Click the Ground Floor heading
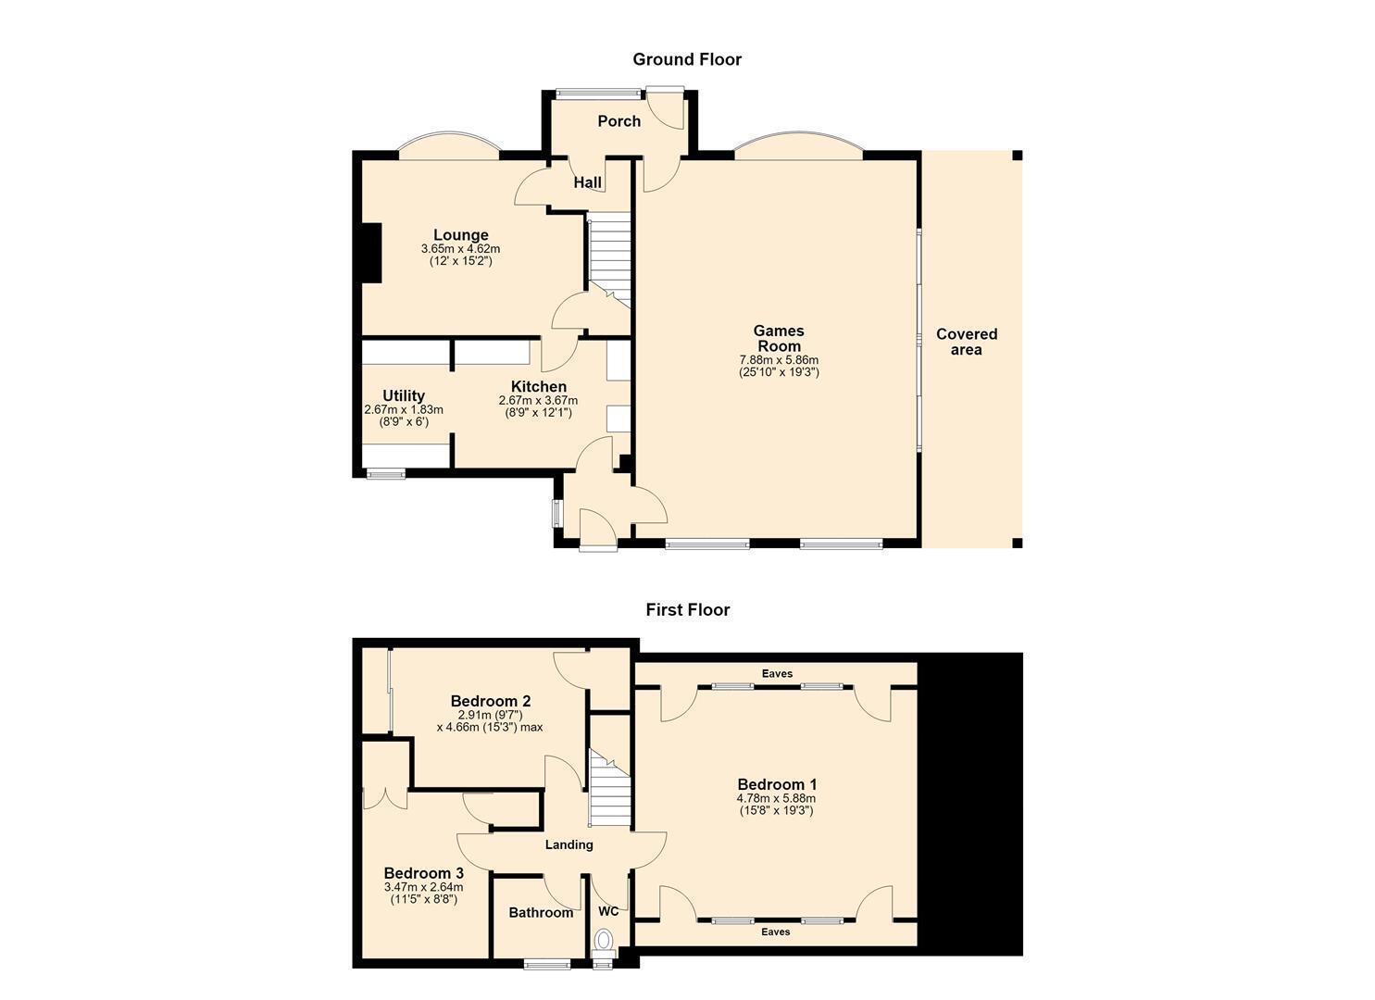[x=687, y=59]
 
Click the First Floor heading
[x=687, y=609]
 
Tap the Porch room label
[x=619, y=121]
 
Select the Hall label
[x=587, y=182]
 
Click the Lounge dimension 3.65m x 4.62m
[x=460, y=249]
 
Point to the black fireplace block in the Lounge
[x=370, y=254]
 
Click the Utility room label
[x=404, y=395]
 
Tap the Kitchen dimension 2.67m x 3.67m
[x=538, y=400]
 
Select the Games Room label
[x=779, y=338]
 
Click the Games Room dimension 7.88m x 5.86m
[x=779, y=360]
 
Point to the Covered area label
[x=966, y=342]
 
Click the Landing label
[x=569, y=844]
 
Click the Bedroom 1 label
[x=777, y=784]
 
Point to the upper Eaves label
[x=777, y=673]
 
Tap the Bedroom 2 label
[x=491, y=700]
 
